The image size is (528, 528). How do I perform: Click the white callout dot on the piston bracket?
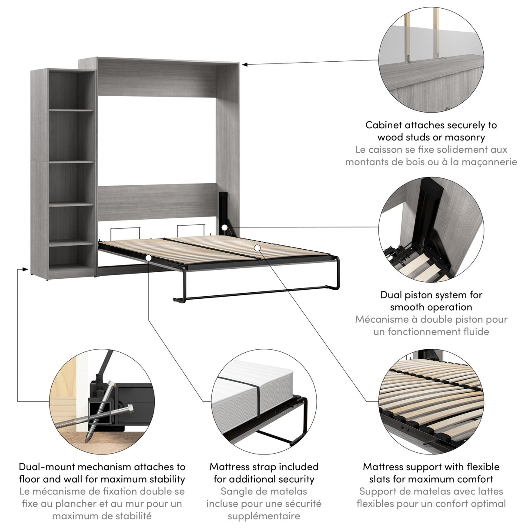click(x=224, y=227)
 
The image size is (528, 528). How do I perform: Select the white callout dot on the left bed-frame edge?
click(x=149, y=258)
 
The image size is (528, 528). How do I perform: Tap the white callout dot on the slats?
click(x=257, y=247)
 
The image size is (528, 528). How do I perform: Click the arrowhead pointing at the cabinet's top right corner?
click(x=245, y=64)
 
